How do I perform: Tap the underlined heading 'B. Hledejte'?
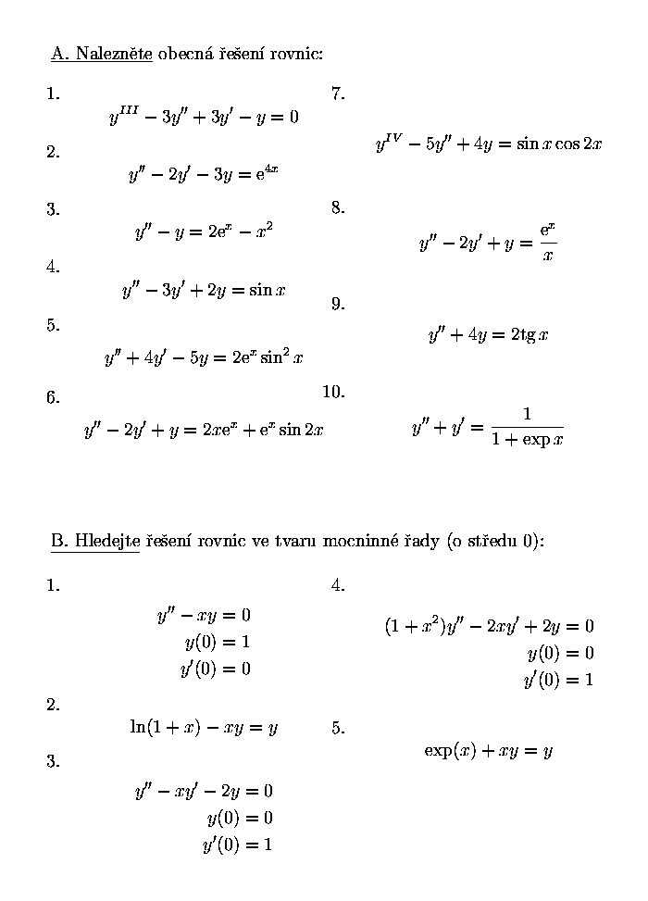[x=95, y=541]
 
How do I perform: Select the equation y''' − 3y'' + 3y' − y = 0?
[x=204, y=118]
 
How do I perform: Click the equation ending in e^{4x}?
[x=204, y=174]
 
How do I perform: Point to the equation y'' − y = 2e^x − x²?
[x=204, y=232]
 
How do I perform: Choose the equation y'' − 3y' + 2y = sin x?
[x=204, y=290]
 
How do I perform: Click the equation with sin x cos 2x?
[x=489, y=144]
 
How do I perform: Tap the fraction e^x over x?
[x=547, y=243]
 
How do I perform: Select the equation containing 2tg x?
[x=488, y=334]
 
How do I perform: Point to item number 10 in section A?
[x=333, y=392]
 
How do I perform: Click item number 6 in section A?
[x=53, y=398]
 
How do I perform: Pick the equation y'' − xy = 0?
[x=204, y=615]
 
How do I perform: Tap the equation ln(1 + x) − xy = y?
[x=204, y=728]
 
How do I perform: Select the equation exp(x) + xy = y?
[x=488, y=751]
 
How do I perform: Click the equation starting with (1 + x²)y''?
[x=489, y=626]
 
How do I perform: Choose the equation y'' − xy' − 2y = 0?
[x=204, y=791]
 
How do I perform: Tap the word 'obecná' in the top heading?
[x=185, y=54]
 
